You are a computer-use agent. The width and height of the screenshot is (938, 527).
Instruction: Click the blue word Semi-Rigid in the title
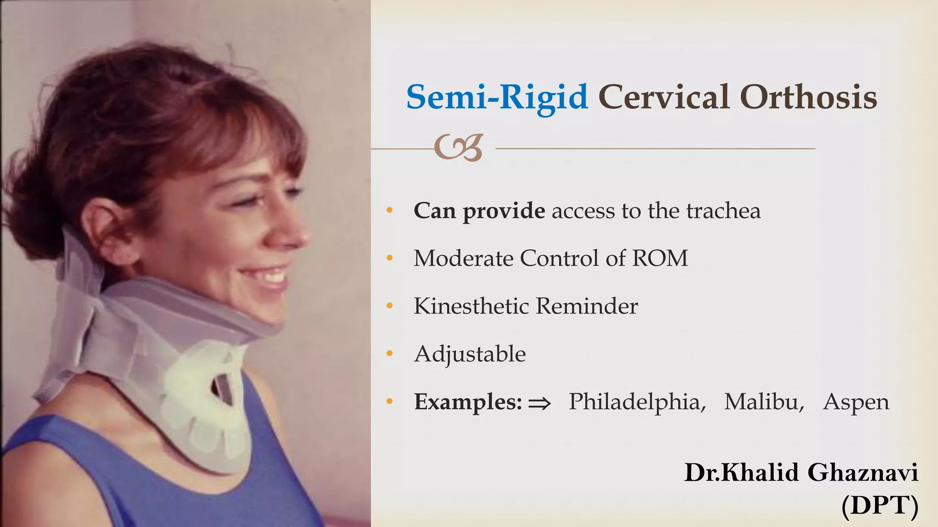[x=497, y=97]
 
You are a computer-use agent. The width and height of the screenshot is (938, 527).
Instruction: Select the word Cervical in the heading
[x=664, y=97]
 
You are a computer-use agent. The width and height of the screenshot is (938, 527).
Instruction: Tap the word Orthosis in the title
[x=808, y=97]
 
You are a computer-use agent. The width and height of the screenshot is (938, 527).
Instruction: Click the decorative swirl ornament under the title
[x=458, y=147]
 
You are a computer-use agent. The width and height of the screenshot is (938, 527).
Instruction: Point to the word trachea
[x=723, y=211]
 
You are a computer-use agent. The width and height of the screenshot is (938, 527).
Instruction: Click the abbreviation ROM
[x=660, y=258]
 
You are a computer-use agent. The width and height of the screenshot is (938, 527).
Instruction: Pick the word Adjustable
[x=470, y=354]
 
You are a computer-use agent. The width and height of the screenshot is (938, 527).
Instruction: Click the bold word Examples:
[x=468, y=402]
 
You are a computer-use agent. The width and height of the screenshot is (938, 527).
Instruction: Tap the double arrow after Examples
[x=539, y=403]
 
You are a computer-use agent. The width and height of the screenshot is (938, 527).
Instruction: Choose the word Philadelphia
[x=637, y=402]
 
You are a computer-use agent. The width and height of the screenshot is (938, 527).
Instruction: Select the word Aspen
[x=856, y=403]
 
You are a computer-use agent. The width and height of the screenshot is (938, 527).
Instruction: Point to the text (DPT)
[x=880, y=506]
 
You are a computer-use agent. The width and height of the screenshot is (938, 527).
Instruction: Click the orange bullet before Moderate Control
[x=390, y=258]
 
